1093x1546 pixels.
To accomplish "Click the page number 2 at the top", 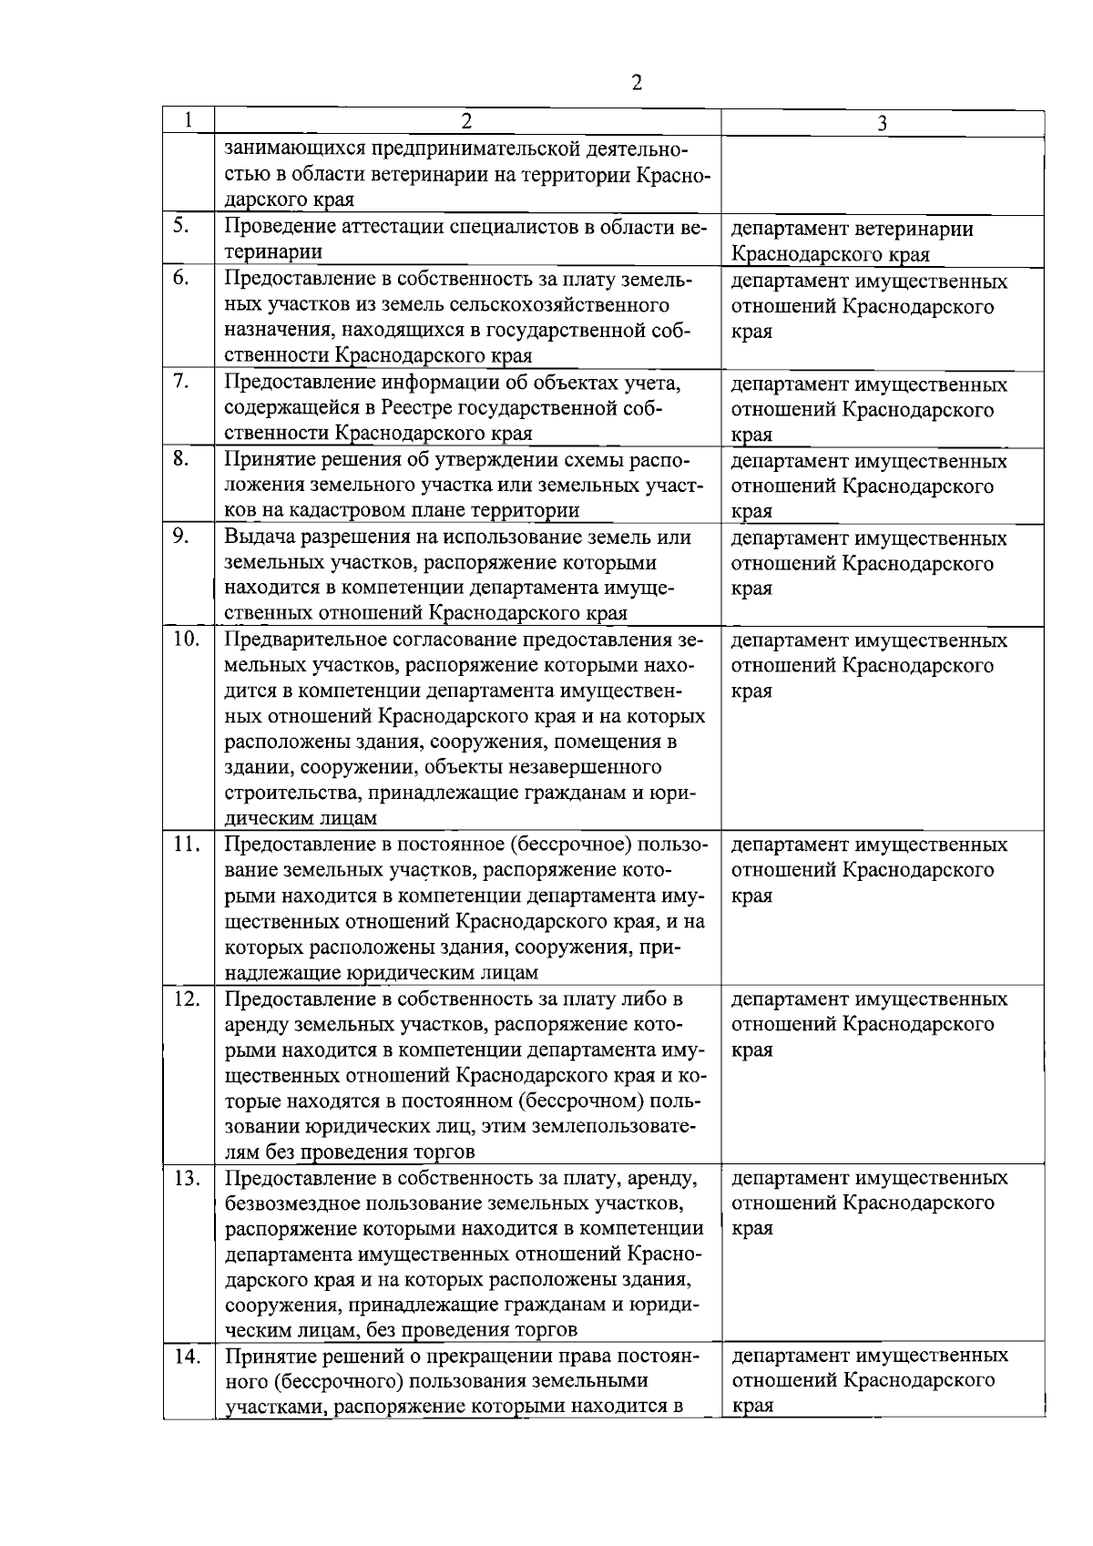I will [636, 83].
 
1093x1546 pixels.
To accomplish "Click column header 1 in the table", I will [188, 120].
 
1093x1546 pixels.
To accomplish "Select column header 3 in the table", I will [882, 125].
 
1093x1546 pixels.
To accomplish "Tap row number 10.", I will [186, 639].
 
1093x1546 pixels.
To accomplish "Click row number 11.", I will [186, 844].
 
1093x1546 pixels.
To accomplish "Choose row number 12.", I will [186, 998].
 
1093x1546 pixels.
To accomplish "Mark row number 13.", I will [186, 1178].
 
